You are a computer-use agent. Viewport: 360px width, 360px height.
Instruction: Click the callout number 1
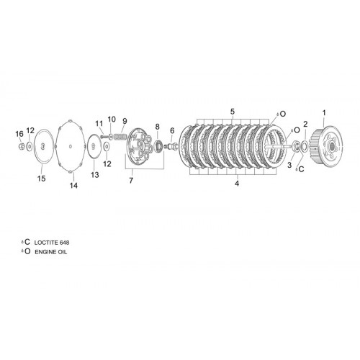pos(324,112)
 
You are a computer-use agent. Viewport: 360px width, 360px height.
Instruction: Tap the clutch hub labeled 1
pos(327,145)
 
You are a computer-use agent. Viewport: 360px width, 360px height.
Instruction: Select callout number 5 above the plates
pos(233,112)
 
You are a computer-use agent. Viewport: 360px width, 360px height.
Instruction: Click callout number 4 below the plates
pos(237,184)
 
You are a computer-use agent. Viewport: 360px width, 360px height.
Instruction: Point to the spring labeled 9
pos(120,137)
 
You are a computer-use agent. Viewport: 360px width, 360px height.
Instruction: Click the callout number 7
pos(131,180)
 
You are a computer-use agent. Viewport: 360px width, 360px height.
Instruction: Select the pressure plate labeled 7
pos(140,146)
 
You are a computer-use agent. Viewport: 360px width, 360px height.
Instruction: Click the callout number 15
pos(41,179)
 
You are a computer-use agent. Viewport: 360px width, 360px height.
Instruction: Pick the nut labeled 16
pos(22,145)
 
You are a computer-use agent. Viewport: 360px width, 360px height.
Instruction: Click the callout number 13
pos(95,175)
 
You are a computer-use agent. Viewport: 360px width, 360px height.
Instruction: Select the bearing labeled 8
pos(158,145)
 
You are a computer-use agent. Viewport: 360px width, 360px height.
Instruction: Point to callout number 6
pos(172,131)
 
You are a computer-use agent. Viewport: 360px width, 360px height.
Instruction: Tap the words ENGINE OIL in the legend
pos(51,252)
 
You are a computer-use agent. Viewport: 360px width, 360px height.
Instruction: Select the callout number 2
pos(305,124)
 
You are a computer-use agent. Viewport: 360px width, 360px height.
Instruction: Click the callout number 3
pos(289,165)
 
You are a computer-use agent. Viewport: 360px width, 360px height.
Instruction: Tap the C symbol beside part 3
pos(301,169)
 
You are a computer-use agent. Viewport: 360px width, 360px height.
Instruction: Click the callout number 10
pos(112,119)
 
